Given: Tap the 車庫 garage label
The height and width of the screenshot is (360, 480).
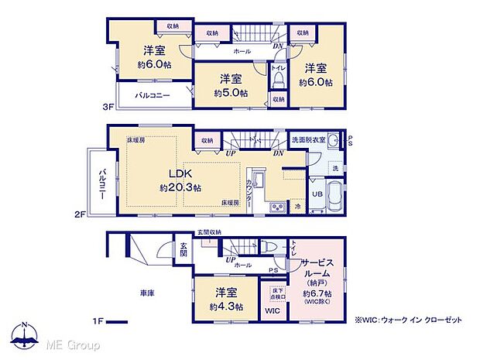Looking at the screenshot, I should click(148, 294).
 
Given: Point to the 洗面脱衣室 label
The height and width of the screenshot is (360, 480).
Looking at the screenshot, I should click(307, 139).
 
